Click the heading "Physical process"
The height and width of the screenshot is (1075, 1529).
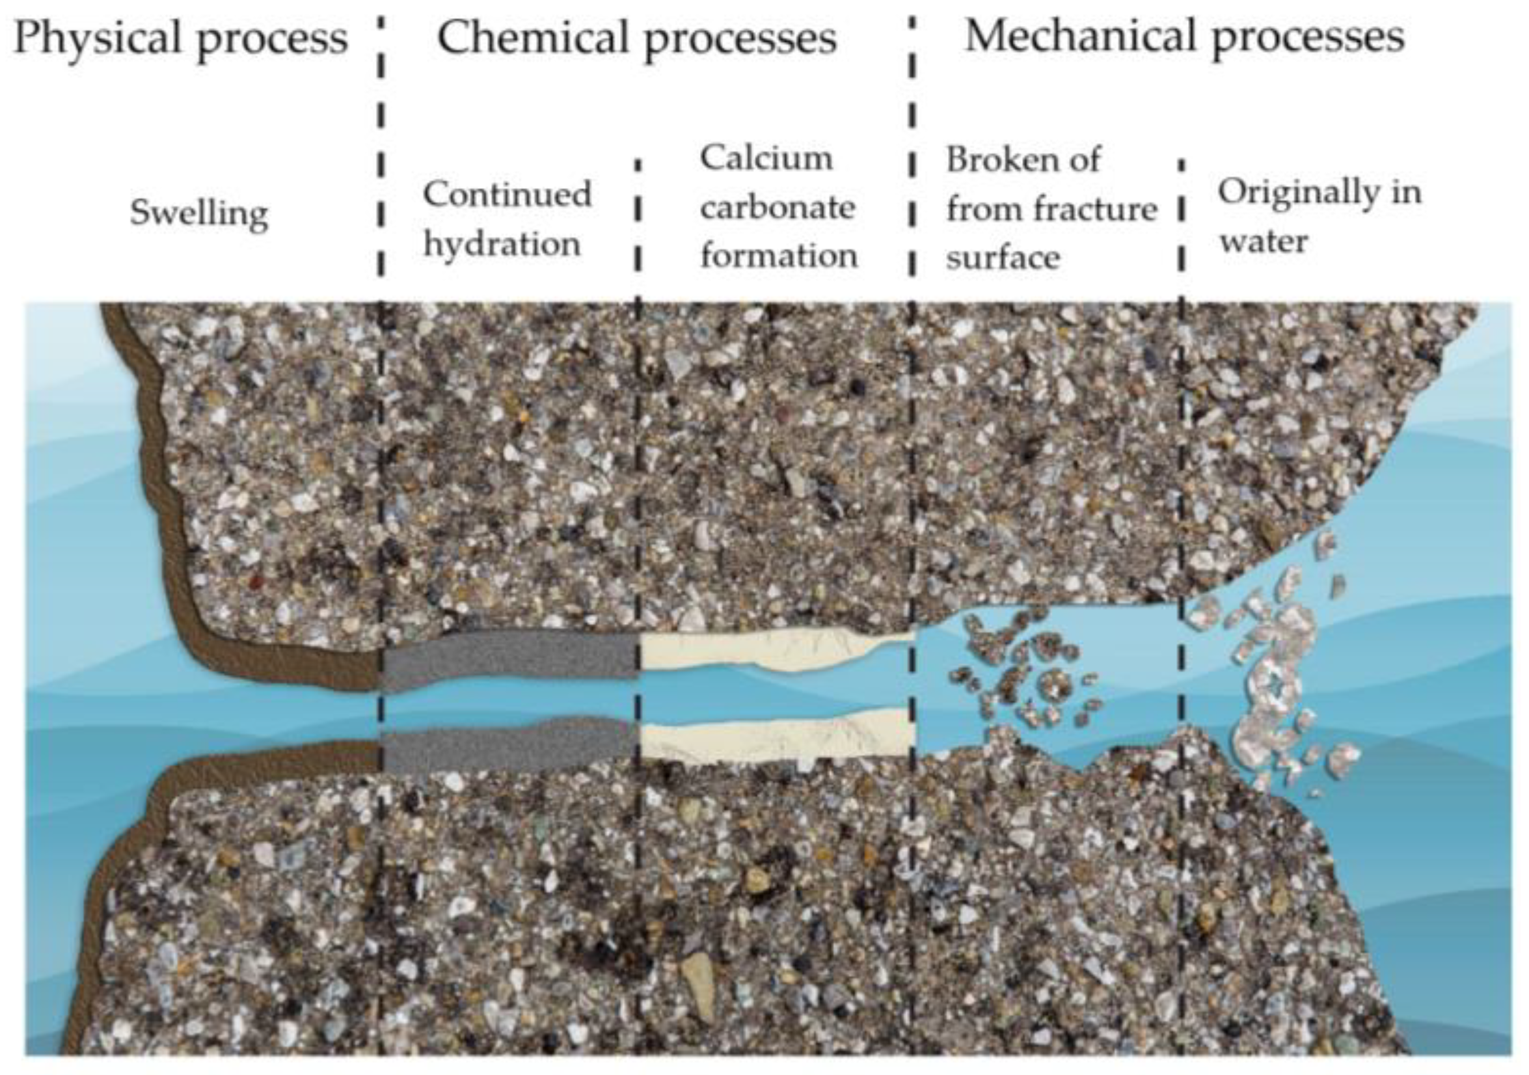180,38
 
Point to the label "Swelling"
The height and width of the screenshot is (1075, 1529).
198,213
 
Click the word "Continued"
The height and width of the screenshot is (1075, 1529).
507,195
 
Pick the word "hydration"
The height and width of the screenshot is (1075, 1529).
502,245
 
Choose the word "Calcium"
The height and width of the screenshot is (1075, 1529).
766,159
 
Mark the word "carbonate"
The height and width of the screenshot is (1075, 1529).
778,208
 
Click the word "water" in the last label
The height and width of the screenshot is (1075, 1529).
1264,241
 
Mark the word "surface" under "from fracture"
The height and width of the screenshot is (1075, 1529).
1003,258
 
